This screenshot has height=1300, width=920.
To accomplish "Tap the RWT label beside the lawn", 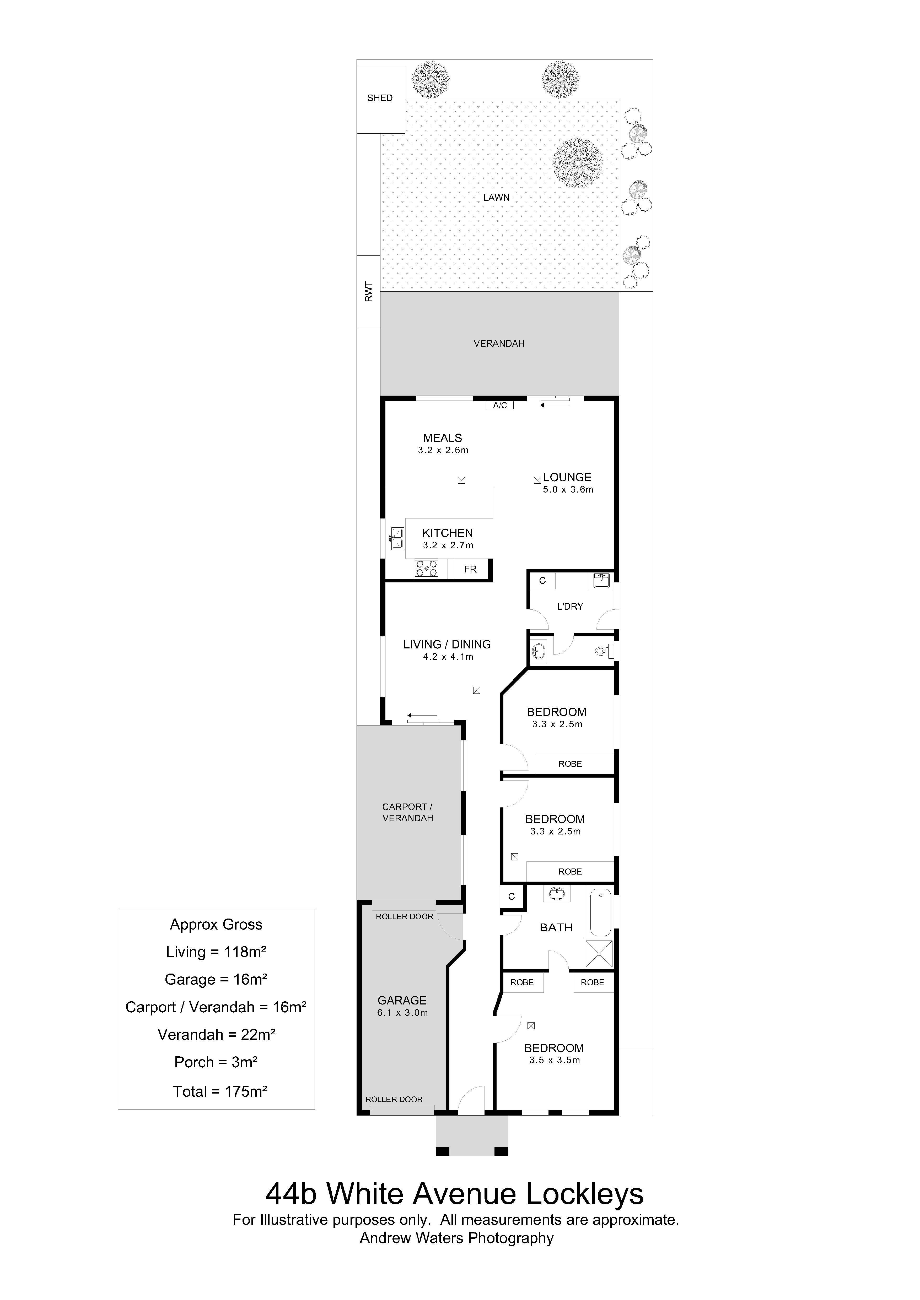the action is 369,292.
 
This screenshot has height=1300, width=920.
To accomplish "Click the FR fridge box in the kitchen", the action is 470,569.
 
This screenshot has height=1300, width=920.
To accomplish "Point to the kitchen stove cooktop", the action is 427,569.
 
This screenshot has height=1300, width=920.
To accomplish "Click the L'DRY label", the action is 570,607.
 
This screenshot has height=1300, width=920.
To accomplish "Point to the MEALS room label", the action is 443,438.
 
